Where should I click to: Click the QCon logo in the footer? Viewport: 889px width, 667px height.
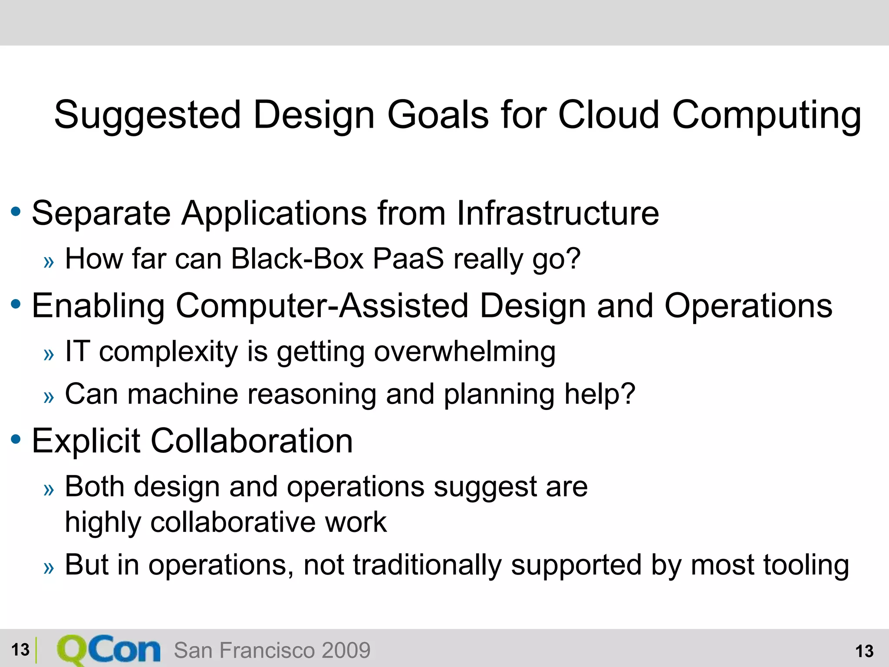(x=109, y=650)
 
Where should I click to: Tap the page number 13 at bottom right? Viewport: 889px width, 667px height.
(x=864, y=651)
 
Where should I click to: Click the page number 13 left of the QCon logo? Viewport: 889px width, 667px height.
(x=20, y=650)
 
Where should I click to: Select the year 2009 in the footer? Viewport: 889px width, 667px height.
(x=346, y=650)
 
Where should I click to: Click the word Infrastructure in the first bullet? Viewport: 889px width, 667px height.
(x=558, y=213)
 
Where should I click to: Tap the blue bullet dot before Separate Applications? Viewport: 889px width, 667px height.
(x=16, y=212)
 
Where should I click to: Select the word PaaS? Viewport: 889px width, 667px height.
(x=408, y=259)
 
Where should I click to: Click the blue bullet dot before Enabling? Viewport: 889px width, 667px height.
(x=16, y=304)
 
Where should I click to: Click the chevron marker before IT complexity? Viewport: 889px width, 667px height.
(x=49, y=354)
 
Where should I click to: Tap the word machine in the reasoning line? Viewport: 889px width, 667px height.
(x=183, y=394)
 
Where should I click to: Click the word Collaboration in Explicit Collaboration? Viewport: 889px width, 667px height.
(x=251, y=441)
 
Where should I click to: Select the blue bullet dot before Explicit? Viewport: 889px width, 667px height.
(x=16, y=439)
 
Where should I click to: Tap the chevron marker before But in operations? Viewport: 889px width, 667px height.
(x=49, y=568)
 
